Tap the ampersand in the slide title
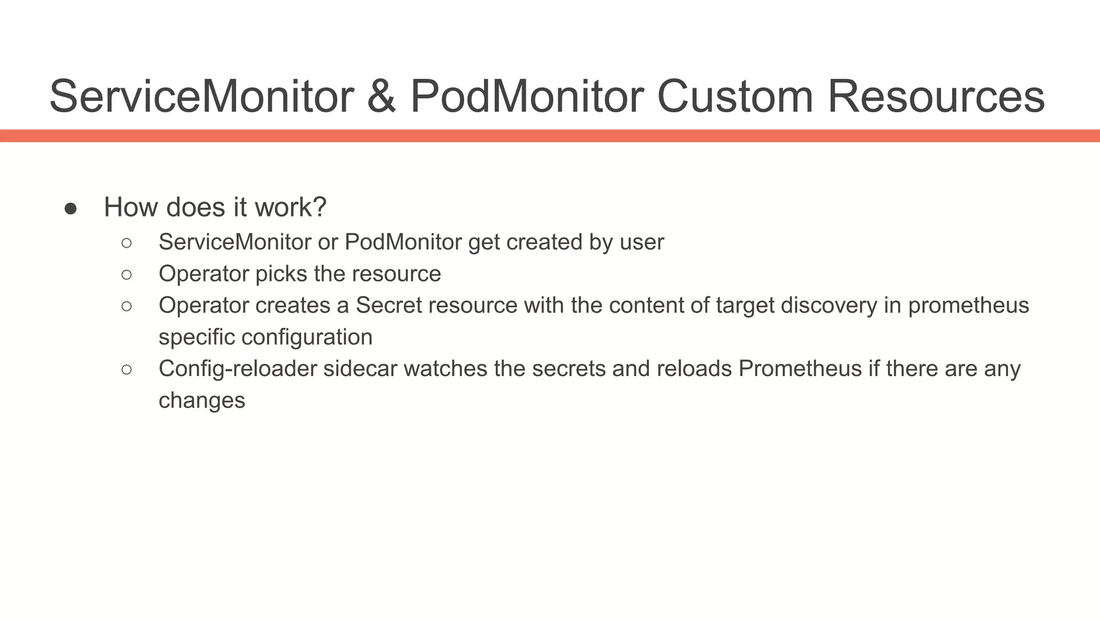(381, 97)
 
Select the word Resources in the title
(936, 97)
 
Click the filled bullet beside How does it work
(70, 208)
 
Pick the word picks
(281, 274)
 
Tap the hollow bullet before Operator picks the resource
(127, 275)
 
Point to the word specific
(197, 337)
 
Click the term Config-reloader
(237, 369)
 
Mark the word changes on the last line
(202, 401)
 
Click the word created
(544, 242)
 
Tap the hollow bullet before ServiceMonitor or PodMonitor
(127, 243)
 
